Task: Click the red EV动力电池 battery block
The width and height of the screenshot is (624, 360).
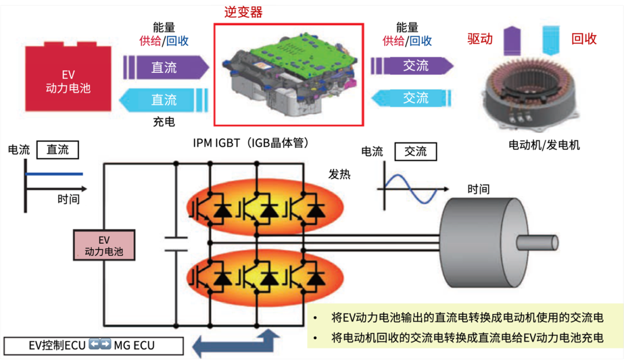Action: pyautogui.click(x=68, y=81)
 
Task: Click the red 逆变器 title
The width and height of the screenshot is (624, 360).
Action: pyautogui.click(x=243, y=12)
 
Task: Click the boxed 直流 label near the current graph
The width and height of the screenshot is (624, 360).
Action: pyautogui.click(x=57, y=150)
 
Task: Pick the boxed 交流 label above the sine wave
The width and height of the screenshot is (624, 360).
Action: pyautogui.click(x=415, y=152)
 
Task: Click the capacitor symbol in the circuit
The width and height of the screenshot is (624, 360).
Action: pyautogui.click(x=176, y=243)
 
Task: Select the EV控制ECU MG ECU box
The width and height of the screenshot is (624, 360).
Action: pyautogui.click(x=93, y=346)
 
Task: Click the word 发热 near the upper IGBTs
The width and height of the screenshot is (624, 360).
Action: pyautogui.click(x=339, y=174)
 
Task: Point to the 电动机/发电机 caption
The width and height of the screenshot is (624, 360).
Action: pyautogui.click(x=544, y=145)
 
